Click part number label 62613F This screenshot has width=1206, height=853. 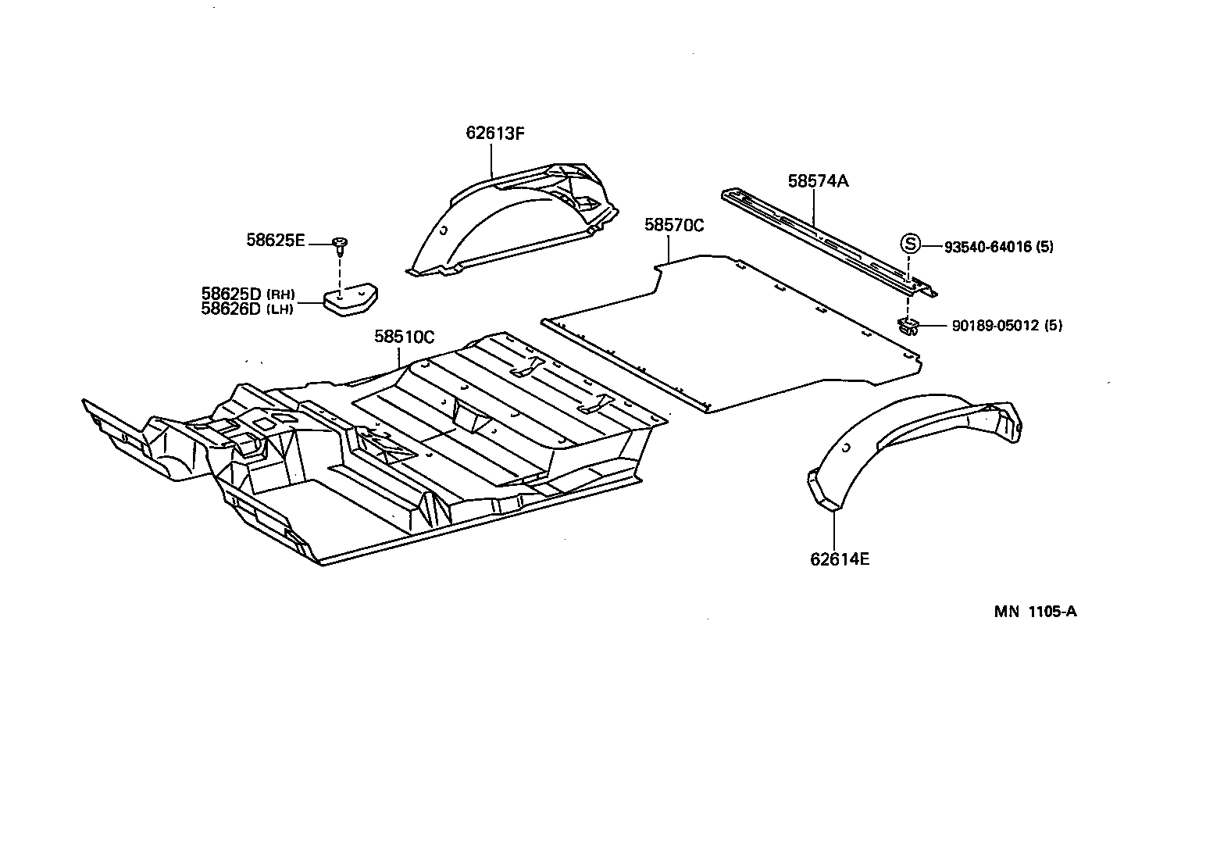(x=494, y=133)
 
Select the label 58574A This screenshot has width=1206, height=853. (x=818, y=181)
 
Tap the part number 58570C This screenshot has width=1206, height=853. (x=674, y=226)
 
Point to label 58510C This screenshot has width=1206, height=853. (x=404, y=337)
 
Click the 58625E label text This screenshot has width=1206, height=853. (x=276, y=241)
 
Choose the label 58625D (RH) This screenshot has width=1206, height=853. (x=248, y=294)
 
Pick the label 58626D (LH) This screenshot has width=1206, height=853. (x=247, y=309)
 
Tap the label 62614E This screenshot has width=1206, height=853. (x=840, y=559)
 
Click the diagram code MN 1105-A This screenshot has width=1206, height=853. (x=1035, y=612)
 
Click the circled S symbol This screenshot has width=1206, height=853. (x=910, y=243)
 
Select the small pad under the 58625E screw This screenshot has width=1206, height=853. (x=351, y=301)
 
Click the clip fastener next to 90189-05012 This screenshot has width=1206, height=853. (x=908, y=326)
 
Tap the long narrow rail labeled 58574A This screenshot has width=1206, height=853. (x=828, y=237)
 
